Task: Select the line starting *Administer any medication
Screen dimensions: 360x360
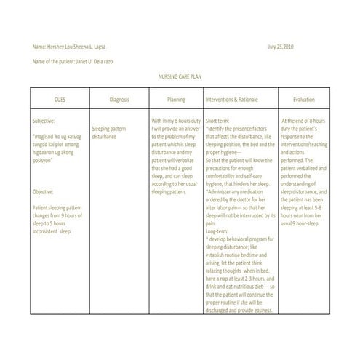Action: click(x=240, y=183)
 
